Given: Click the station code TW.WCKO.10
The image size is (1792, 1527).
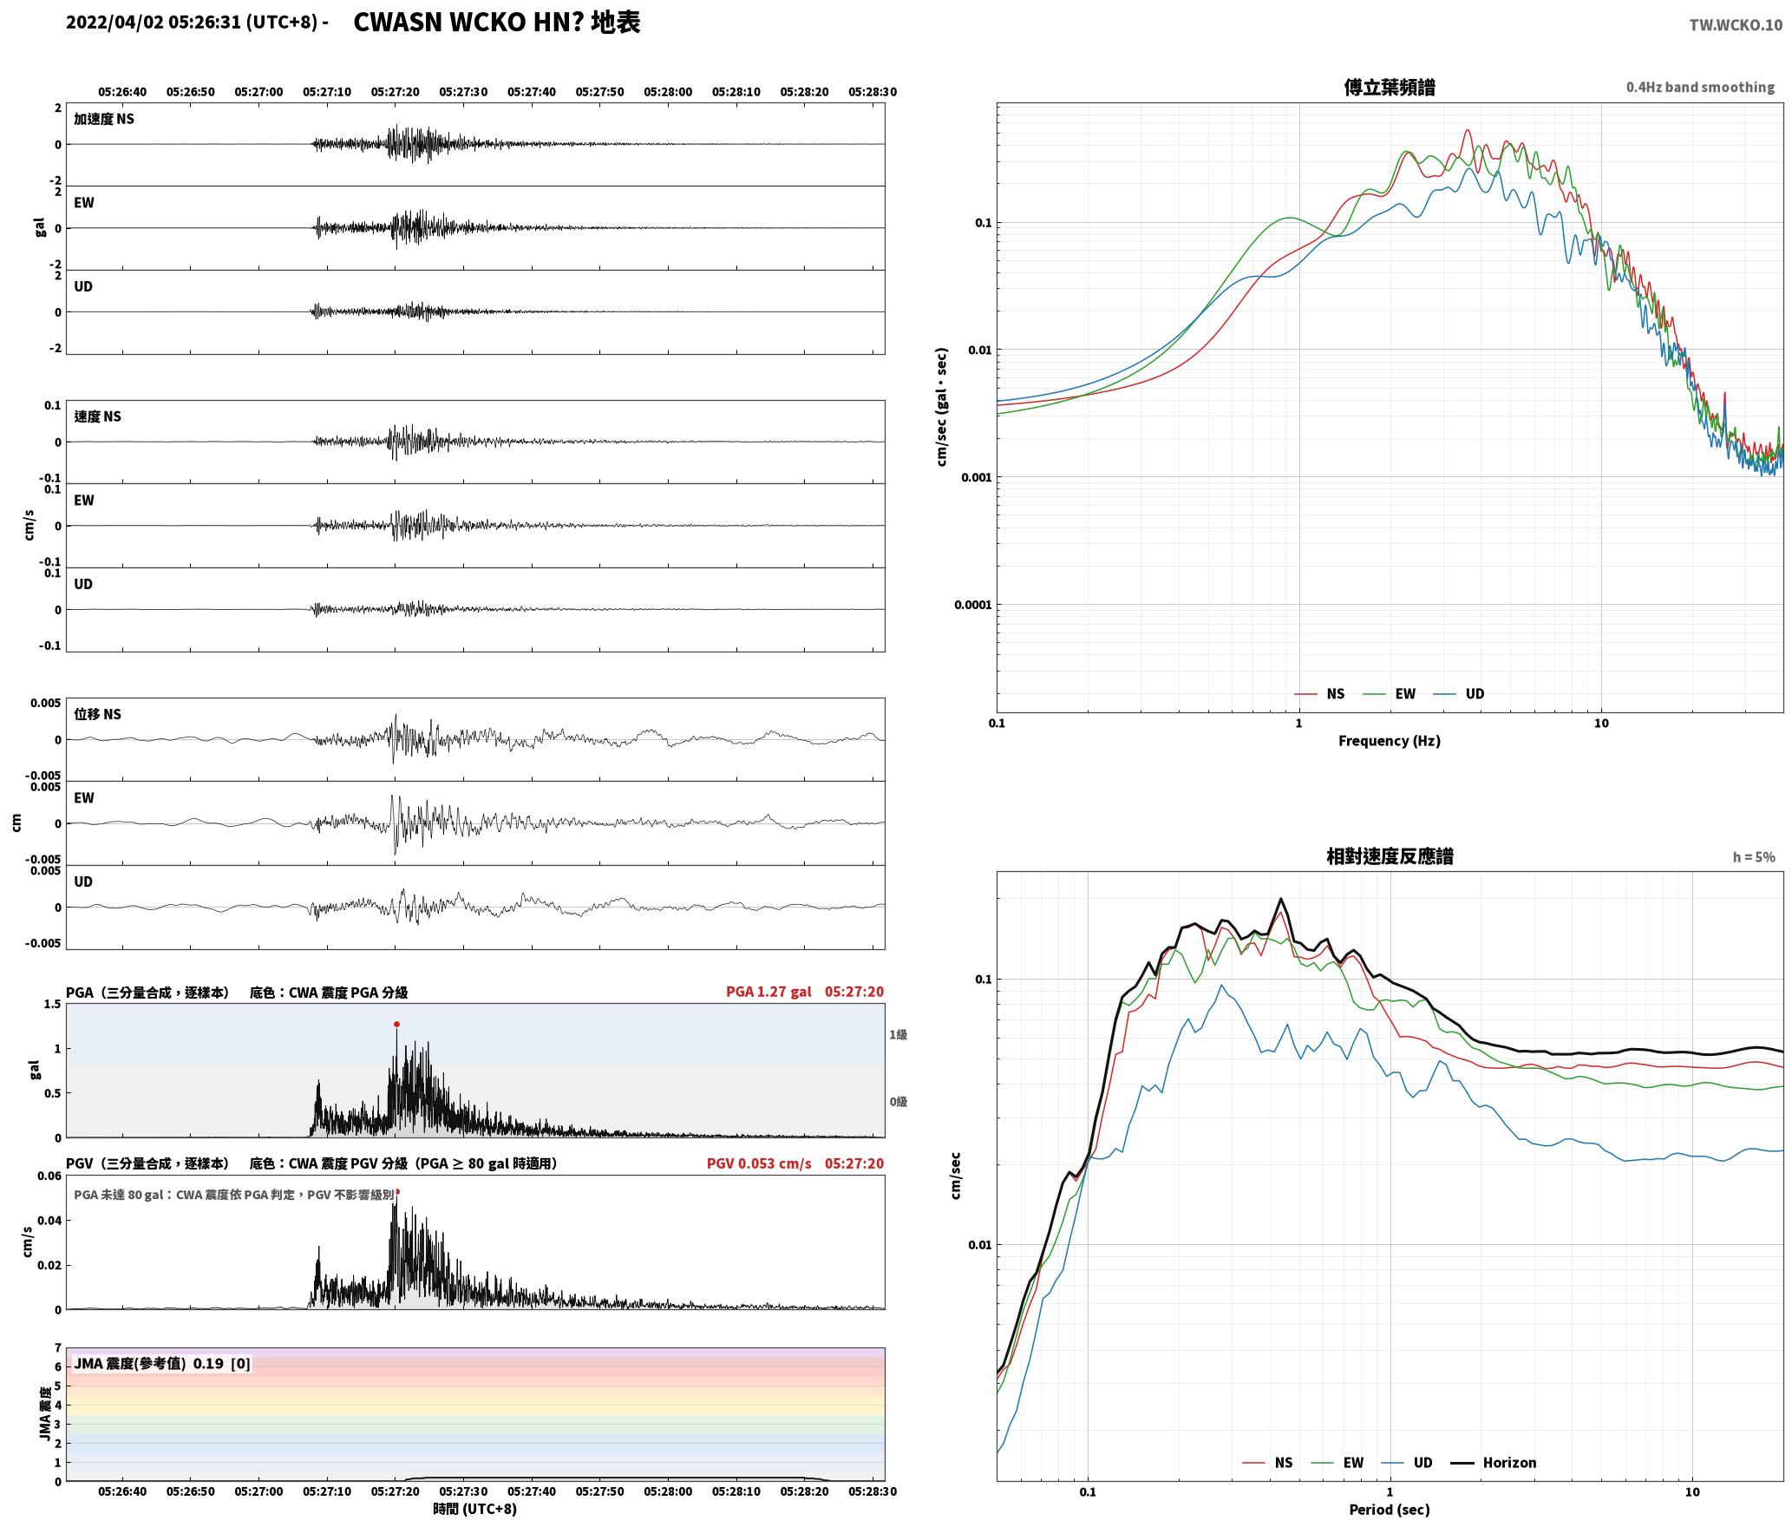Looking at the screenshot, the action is pyautogui.click(x=1735, y=25).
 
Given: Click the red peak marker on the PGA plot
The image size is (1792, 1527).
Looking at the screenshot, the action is pyautogui.click(x=396, y=1024).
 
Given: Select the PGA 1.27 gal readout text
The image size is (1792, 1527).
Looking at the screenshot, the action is pyautogui.click(x=768, y=992).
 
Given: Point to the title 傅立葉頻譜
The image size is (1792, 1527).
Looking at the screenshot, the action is pyautogui.click(x=1389, y=87).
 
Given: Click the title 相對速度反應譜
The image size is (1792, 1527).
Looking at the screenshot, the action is pyautogui.click(x=1390, y=856).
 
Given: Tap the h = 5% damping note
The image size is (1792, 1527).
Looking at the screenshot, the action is pyautogui.click(x=1754, y=857).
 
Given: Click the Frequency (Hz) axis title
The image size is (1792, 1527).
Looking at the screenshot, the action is pyautogui.click(x=1389, y=740).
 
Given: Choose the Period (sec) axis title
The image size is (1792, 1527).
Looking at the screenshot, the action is pyautogui.click(x=1389, y=1509).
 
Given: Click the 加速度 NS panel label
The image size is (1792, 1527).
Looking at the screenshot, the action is pyautogui.click(x=104, y=119).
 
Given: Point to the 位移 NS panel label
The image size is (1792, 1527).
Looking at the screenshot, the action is pyautogui.click(x=98, y=714).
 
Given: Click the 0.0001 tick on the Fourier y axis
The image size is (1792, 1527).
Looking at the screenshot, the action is pyautogui.click(x=971, y=605).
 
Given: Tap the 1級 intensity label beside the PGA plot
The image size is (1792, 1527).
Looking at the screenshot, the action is pyautogui.click(x=898, y=1034).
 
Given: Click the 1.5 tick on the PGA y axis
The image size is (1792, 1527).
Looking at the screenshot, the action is pyautogui.click(x=53, y=1004).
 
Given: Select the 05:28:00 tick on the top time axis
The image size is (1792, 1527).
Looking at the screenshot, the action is pyautogui.click(x=668, y=91).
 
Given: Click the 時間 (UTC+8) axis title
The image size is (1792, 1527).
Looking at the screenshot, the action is pyautogui.click(x=475, y=1508).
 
